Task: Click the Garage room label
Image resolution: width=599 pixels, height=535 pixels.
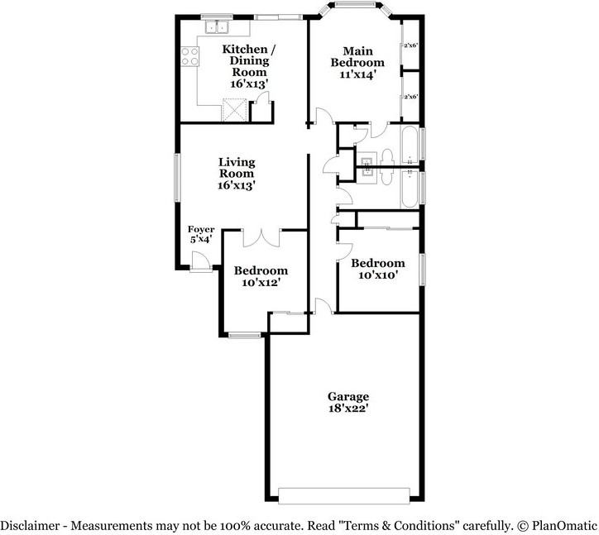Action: [x=348, y=396]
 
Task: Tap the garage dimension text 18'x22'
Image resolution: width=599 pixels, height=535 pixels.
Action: [x=348, y=408]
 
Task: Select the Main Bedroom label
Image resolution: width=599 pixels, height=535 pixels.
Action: [x=357, y=56]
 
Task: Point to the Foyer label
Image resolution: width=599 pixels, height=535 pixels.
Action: [x=201, y=229]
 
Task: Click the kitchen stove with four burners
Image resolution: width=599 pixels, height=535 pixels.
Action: [x=189, y=56]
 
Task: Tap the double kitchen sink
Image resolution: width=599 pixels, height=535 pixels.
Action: [x=217, y=27]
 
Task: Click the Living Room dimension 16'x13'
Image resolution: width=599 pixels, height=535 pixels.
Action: [x=237, y=185]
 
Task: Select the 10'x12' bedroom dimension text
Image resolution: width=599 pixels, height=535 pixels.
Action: [x=261, y=283]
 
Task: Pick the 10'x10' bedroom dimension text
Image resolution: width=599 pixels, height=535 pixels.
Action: [x=378, y=275]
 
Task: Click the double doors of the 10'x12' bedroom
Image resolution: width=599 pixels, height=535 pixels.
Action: [x=261, y=238]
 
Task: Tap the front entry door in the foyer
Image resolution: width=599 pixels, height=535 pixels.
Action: [x=200, y=261]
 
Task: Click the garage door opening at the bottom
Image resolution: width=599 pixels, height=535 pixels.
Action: [x=344, y=495]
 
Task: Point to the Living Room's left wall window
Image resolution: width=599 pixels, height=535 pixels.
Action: [x=177, y=178]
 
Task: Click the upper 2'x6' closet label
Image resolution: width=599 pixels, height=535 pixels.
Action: [x=410, y=45]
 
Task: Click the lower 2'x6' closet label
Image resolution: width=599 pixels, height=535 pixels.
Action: [x=410, y=97]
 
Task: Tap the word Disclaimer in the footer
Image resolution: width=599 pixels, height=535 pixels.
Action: [x=30, y=526]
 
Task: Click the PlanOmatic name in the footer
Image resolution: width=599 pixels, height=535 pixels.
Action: [x=564, y=526]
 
